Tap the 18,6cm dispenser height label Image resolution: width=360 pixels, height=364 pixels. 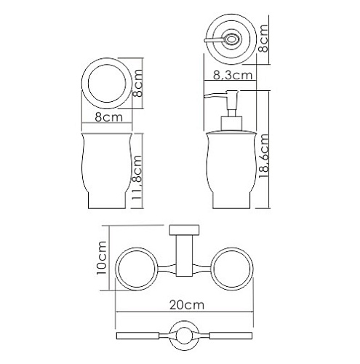pyautogui.click(x=264, y=156)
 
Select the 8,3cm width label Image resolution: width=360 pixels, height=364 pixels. pyautogui.click(x=233, y=75)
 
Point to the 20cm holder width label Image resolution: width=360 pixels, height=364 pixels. pyautogui.click(x=186, y=305)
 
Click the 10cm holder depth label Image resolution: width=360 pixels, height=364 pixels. pyautogui.click(x=102, y=258)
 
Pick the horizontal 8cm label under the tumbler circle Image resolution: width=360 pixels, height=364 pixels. pyautogui.click(x=109, y=117)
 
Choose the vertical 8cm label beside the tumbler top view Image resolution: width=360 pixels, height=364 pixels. pyautogui.click(x=137, y=83)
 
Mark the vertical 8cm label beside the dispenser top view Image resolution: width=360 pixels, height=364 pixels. pyautogui.click(x=264, y=39)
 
